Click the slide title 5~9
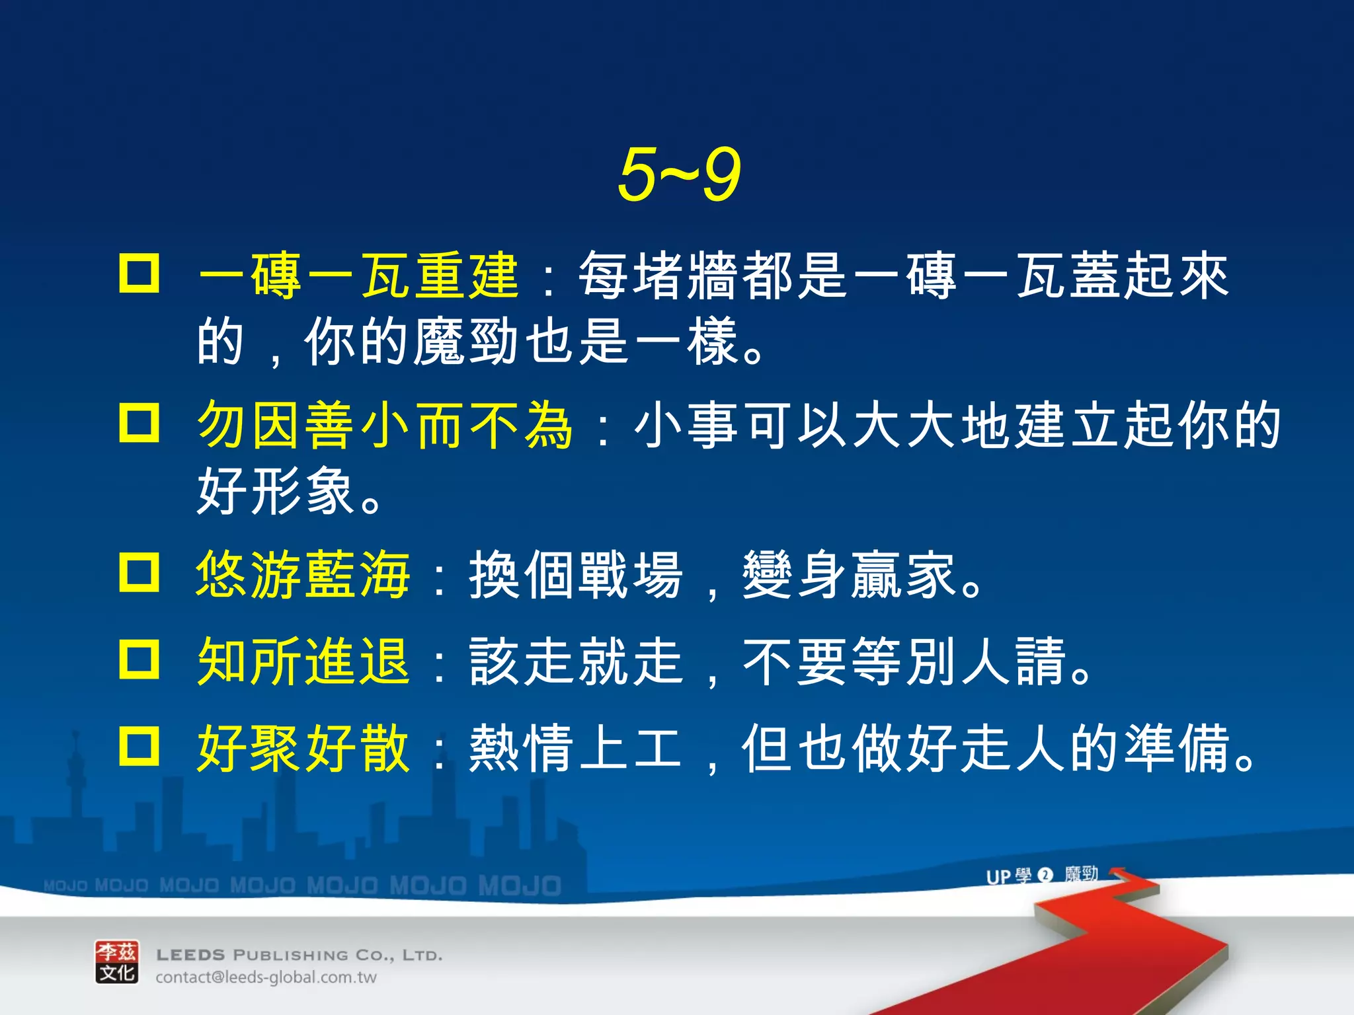pyautogui.click(x=679, y=174)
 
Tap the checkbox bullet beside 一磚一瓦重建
pyautogui.click(x=139, y=273)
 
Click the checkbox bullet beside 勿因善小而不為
pyautogui.click(x=139, y=423)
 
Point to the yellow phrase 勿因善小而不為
pyautogui.click(x=385, y=425)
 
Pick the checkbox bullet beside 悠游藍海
pyautogui.click(x=139, y=572)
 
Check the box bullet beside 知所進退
pyautogui.click(x=139, y=659)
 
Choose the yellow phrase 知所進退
pyautogui.click(x=303, y=661)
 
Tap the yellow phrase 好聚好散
pyautogui.click(x=303, y=748)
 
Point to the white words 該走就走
pyautogui.click(x=575, y=661)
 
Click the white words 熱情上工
pyautogui.click(x=575, y=748)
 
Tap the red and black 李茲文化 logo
pyautogui.click(x=117, y=962)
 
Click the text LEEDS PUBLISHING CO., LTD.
pyautogui.click(x=299, y=955)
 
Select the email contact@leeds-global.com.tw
pyautogui.click(x=266, y=977)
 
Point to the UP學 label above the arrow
pyautogui.click(x=1008, y=876)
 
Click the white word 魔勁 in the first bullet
pyautogui.click(x=465, y=342)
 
